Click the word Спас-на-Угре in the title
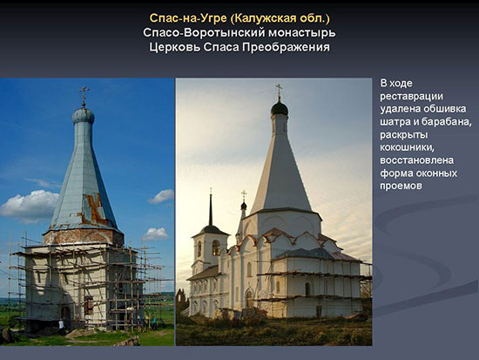(x=188, y=18)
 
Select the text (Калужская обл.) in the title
(x=280, y=18)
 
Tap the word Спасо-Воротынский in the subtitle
(x=199, y=33)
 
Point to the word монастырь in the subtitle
(x=297, y=33)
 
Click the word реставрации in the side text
(x=411, y=97)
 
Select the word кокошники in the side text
(x=407, y=147)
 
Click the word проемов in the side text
(x=401, y=186)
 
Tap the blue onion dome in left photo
(x=84, y=115)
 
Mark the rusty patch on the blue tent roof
(x=94, y=209)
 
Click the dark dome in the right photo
(x=280, y=108)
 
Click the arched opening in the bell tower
(x=216, y=248)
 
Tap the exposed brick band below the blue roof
(x=83, y=236)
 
